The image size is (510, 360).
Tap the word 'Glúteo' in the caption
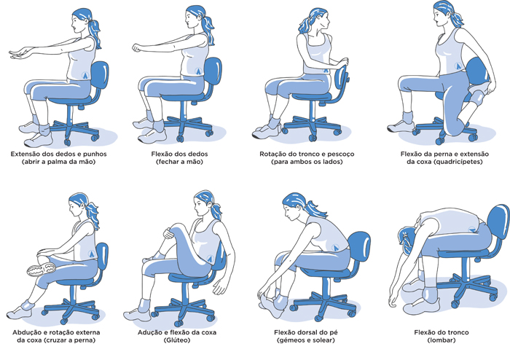pos(177,340)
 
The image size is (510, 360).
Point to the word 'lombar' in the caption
pos(442,340)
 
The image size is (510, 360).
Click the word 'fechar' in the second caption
pos(168,162)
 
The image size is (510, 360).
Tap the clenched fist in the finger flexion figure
pos(138,48)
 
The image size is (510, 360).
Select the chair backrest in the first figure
pos(99,75)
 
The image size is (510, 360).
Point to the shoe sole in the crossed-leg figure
pos(41,269)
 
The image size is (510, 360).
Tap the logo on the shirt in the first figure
pos(86,76)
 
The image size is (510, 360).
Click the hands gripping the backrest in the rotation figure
pos(342,62)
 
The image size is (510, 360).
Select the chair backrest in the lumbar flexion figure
pos(498,221)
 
